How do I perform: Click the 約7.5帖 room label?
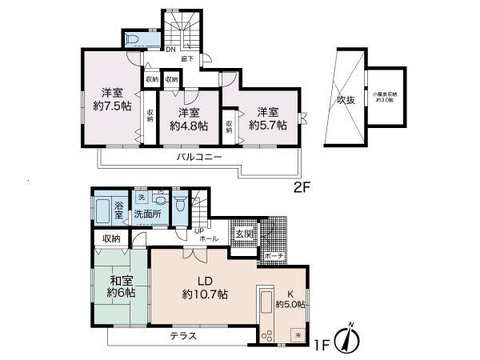coord(111,98)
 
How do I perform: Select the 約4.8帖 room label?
coord(189,119)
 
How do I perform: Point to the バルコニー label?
coord(199,158)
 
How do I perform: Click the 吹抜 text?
coord(345,101)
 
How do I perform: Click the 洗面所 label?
coord(147,214)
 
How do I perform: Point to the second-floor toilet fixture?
coord(131,39)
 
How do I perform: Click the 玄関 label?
coord(243,234)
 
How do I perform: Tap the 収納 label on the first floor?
coord(111,238)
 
